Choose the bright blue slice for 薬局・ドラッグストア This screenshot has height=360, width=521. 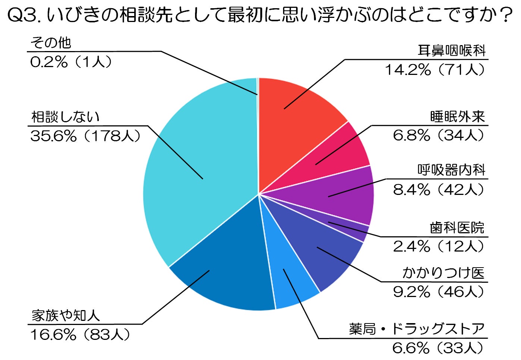click(x=288, y=279)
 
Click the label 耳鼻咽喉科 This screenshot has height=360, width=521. click(x=452, y=50)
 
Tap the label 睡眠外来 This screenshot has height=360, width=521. click(x=458, y=116)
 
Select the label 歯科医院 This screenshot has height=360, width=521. click(x=457, y=228)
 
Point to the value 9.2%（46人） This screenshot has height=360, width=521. click(x=439, y=292)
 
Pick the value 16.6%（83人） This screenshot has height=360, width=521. click(x=80, y=335)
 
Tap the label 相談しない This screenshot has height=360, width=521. click(x=65, y=117)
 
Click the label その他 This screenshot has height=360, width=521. click(x=51, y=43)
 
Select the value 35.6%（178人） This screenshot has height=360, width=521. click(x=85, y=136)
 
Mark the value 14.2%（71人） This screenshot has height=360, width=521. click(x=435, y=69)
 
